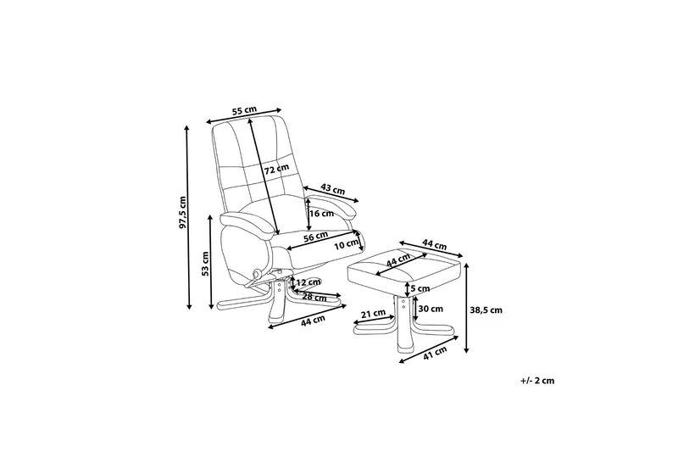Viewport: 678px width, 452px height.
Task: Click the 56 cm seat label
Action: coord(315,238)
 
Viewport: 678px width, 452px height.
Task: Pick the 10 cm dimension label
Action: coord(344,244)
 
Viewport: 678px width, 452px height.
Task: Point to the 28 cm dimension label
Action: coord(314,297)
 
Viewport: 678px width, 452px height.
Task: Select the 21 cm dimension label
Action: coord(370,315)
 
